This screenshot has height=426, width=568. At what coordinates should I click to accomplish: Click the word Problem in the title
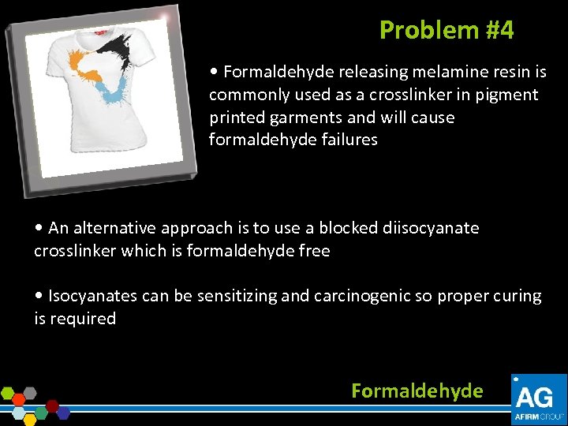pos(428,30)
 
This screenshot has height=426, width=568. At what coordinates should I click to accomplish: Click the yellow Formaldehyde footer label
pos(417,391)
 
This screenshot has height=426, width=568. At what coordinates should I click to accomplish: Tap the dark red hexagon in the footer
pos(53,405)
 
